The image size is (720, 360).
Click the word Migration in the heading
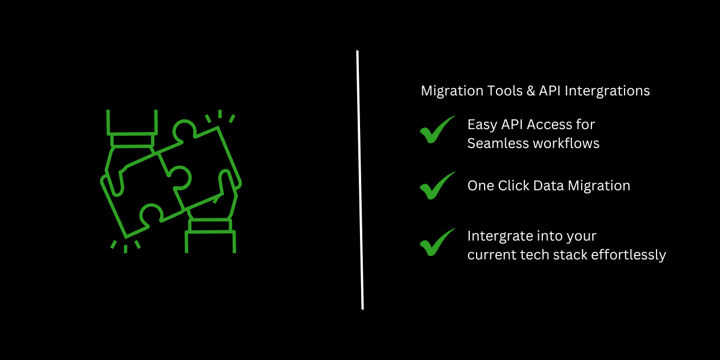452,91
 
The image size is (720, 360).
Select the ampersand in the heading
531,91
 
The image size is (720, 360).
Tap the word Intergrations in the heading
607,91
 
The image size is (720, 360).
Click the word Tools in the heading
505,91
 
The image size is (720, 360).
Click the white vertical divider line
360,180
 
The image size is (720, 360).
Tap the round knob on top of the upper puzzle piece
184,129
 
